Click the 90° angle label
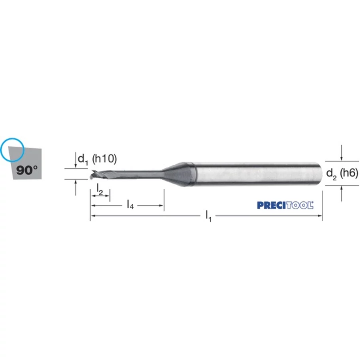tap(27, 170)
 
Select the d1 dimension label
tap(83, 159)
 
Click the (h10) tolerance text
tap(104, 159)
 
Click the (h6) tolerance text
tap(349, 173)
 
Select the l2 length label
tap(100, 189)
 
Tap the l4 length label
tap(130, 204)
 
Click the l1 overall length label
tap(208, 216)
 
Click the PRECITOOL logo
tap(285, 205)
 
